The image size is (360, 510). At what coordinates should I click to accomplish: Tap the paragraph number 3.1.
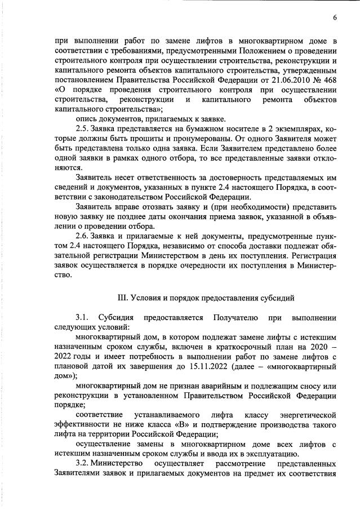pyautogui.click(x=82, y=318)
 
